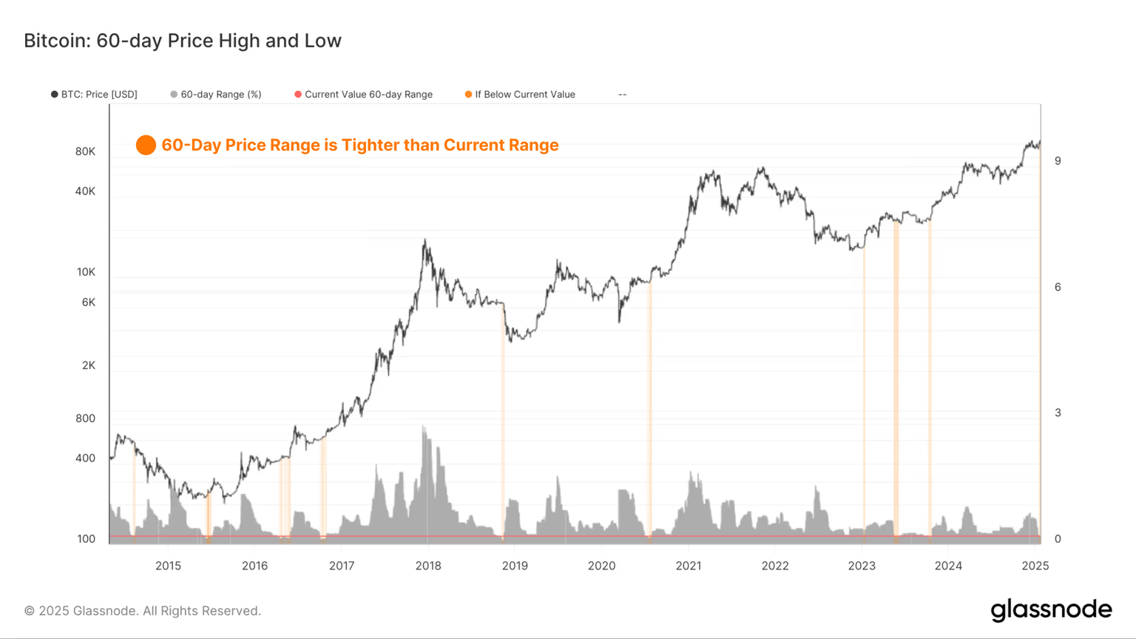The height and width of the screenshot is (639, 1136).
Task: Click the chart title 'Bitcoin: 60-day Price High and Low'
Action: click(x=183, y=41)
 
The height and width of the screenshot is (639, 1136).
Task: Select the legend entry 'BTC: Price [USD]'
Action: click(x=98, y=95)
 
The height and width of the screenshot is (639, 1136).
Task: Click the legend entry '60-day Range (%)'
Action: click(x=220, y=95)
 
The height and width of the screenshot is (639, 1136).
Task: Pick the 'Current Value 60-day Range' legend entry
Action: click(x=368, y=95)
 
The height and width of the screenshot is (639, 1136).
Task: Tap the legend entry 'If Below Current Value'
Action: click(x=524, y=95)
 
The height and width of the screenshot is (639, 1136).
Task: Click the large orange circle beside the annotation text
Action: click(x=146, y=145)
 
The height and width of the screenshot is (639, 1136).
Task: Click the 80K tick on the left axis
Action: click(x=85, y=152)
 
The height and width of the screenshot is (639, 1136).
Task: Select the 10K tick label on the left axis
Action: click(x=86, y=272)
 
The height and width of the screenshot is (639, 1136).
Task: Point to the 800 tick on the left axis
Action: click(x=85, y=419)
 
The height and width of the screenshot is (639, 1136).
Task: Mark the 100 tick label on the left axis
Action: click(x=86, y=539)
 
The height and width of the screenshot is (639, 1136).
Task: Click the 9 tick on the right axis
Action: click(x=1058, y=161)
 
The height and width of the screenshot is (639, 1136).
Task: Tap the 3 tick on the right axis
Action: click(x=1058, y=413)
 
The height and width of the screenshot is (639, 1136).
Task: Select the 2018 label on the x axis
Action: click(x=428, y=566)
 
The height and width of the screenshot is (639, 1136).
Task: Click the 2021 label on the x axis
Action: click(x=689, y=566)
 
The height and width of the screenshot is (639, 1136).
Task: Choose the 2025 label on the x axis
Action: click(x=1035, y=566)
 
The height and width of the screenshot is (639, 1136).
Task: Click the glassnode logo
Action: click(x=1051, y=610)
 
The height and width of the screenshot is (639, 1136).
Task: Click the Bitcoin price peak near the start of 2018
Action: click(x=425, y=240)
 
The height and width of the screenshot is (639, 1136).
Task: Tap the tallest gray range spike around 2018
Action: click(x=424, y=427)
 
